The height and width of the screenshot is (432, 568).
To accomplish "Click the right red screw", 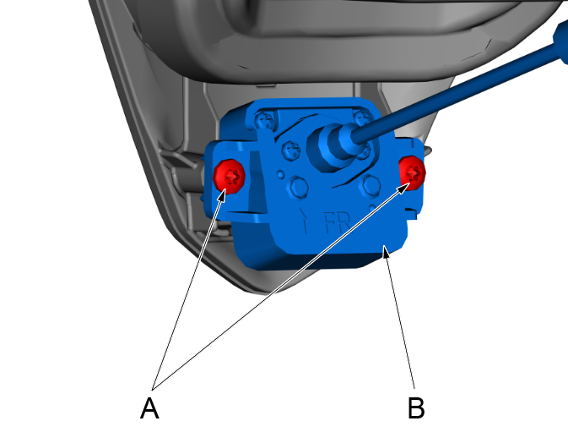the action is (x=412, y=172).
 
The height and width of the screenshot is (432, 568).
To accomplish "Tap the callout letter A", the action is (x=149, y=408).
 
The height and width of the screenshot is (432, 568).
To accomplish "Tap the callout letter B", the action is (x=416, y=408).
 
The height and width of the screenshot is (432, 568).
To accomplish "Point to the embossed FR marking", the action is (x=338, y=222).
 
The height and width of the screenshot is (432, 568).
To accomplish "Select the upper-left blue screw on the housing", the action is (x=264, y=119).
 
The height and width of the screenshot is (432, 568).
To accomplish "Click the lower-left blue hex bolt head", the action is (x=298, y=187).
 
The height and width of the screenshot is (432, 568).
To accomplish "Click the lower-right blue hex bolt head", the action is (x=370, y=185).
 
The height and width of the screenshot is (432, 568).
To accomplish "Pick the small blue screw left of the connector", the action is (x=291, y=150).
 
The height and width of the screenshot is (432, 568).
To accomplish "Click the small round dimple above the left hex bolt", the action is (x=280, y=174).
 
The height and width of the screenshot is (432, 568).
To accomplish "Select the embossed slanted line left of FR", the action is (x=305, y=221).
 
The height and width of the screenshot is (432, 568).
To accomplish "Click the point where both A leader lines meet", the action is (x=153, y=390).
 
